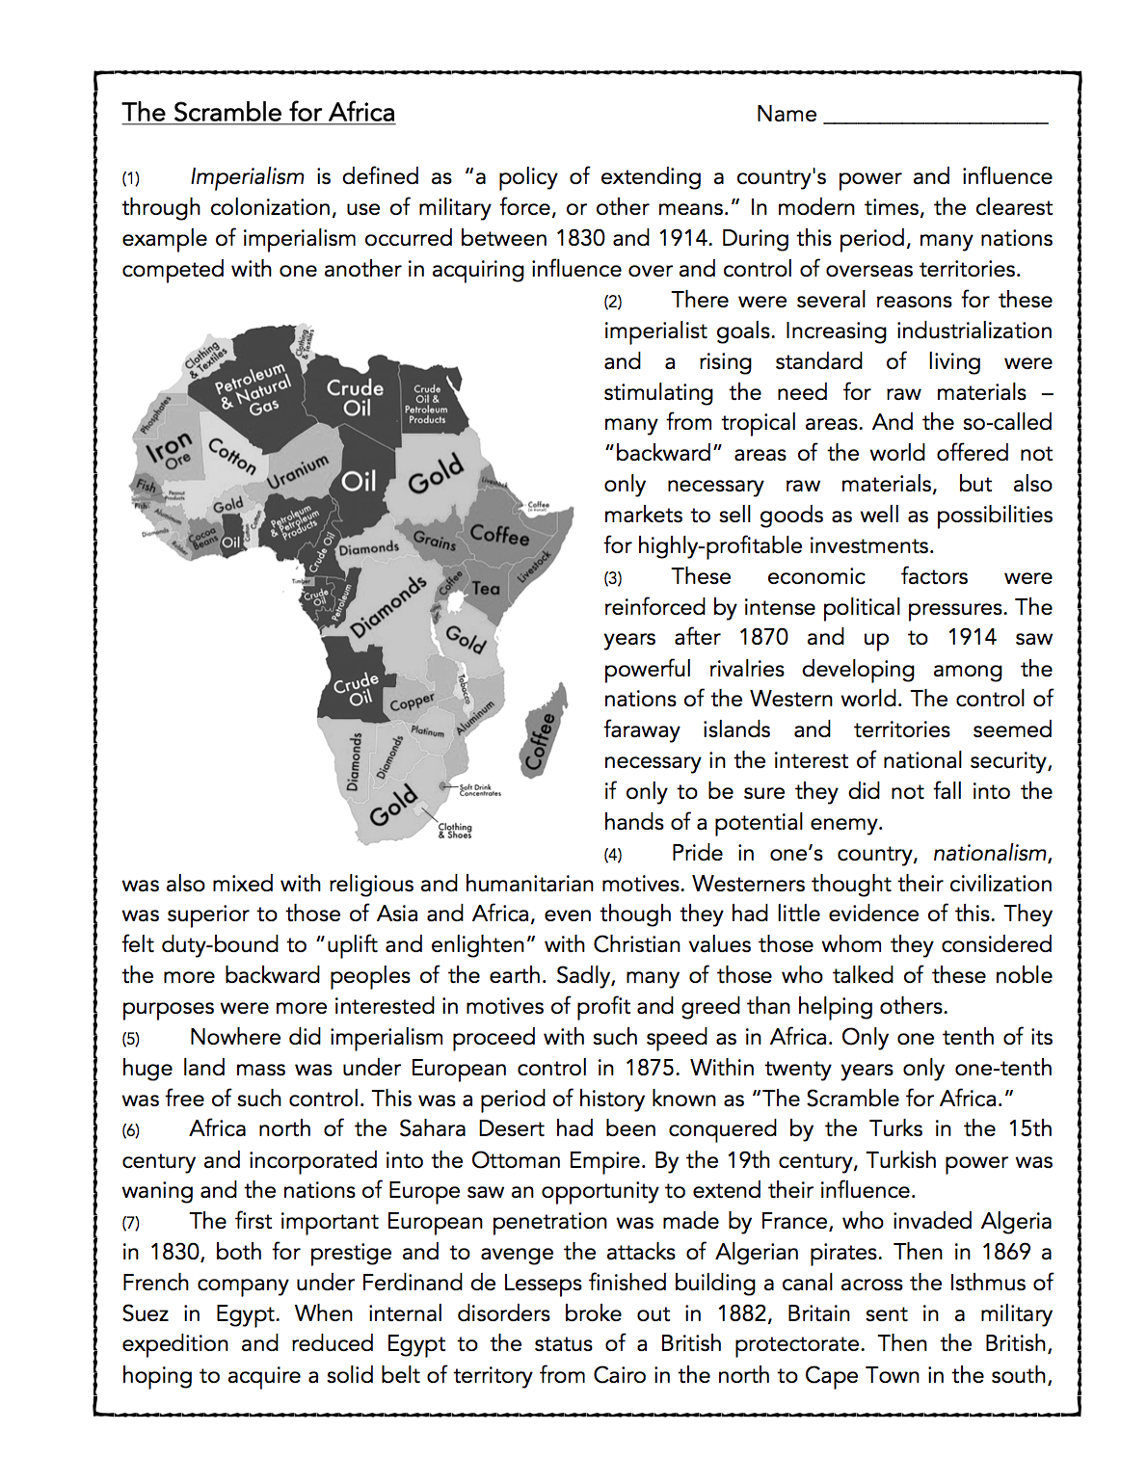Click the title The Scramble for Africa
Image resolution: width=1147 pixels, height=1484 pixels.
pos(258,113)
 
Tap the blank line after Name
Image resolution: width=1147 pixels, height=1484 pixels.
pos(935,116)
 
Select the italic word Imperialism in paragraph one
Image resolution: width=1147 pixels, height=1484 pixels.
pos(247,177)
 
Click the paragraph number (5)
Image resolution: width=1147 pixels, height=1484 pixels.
pos(130,1039)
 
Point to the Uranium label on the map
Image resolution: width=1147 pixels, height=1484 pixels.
pos(298,471)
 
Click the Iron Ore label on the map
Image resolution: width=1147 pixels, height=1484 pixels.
pos(170,452)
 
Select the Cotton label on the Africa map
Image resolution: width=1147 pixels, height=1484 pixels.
pos(232,456)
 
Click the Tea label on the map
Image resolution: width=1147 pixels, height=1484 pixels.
pos(486,588)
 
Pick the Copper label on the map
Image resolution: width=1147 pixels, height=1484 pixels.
pos(412,702)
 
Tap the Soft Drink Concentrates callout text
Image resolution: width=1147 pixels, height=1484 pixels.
pos(479,790)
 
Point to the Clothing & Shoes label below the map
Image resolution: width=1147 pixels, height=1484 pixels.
pos(455,831)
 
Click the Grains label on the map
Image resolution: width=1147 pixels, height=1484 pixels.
pos(435,541)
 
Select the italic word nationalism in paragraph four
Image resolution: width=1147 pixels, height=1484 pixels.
pos(990,854)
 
